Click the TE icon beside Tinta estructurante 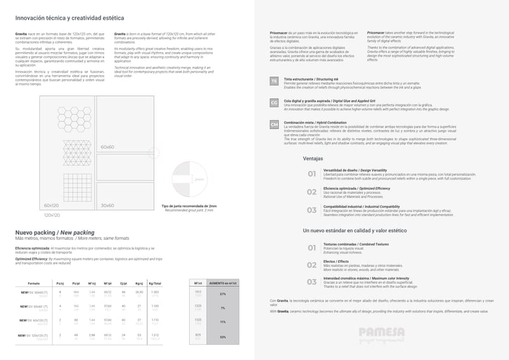(x=274, y=82)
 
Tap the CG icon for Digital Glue (x=274, y=102)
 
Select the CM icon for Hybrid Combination (x=274, y=124)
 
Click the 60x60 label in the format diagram (x=107, y=147)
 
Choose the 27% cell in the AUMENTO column (x=223, y=294)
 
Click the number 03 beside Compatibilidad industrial (x=312, y=209)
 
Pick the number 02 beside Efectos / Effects (x=312, y=265)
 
